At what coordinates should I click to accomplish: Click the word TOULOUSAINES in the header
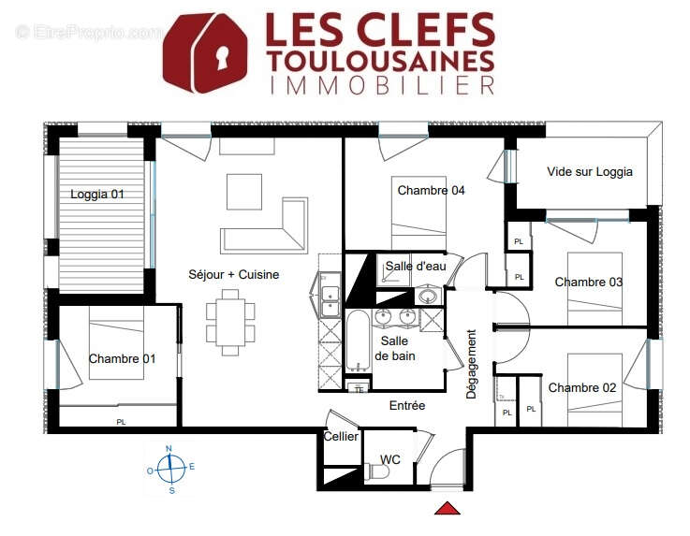[380, 60]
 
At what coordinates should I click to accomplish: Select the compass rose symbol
[169, 468]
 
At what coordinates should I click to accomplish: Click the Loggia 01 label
[97, 195]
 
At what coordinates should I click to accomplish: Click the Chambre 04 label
[431, 190]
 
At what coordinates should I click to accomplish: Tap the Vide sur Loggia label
[590, 171]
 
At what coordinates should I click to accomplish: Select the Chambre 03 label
[588, 282]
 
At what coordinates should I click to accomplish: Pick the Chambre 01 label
[122, 358]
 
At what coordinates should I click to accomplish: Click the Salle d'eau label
[416, 267]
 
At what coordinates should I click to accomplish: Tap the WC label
[390, 459]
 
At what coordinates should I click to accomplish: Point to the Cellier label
[341, 437]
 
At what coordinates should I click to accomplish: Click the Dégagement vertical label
[472, 364]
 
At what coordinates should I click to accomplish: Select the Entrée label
[407, 405]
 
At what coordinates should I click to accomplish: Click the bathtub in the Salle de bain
[359, 345]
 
